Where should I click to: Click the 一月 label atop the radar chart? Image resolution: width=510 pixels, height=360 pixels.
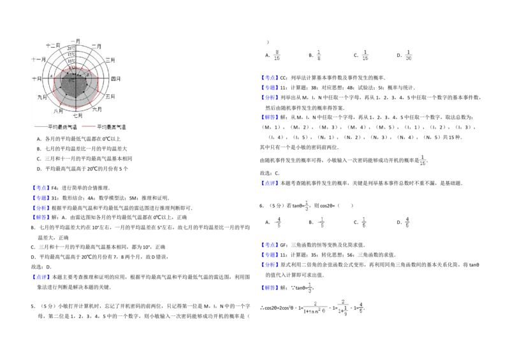pyautogui.click(x=75, y=40)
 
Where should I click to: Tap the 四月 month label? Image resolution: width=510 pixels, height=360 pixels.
pyautogui.click(x=115, y=78)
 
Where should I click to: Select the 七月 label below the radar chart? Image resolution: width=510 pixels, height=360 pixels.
pyautogui.click(x=77, y=115)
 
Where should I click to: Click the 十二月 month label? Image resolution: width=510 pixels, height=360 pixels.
pyautogui.click(x=54, y=46)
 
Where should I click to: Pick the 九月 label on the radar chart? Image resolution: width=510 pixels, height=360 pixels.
pyautogui.click(x=42, y=97)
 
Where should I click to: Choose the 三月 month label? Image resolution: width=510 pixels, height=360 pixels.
pyautogui.click(x=110, y=60)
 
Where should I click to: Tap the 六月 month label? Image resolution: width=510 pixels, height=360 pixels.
pyautogui.click(x=98, y=110)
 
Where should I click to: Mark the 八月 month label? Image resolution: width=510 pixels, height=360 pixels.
pyautogui.click(x=59, y=111)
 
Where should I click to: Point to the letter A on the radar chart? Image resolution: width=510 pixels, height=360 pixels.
pyautogui.click(x=52, y=75)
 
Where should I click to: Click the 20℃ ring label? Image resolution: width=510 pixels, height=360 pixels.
pyautogui.click(x=70, y=48)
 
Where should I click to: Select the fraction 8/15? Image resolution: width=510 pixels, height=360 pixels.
pyautogui.click(x=277, y=54)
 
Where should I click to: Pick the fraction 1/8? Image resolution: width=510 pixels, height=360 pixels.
pyautogui.click(x=319, y=54)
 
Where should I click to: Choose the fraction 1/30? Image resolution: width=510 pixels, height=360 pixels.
pyautogui.click(x=409, y=54)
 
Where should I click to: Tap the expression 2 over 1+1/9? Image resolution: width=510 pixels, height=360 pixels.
pyautogui.click(x=344, y=307)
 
